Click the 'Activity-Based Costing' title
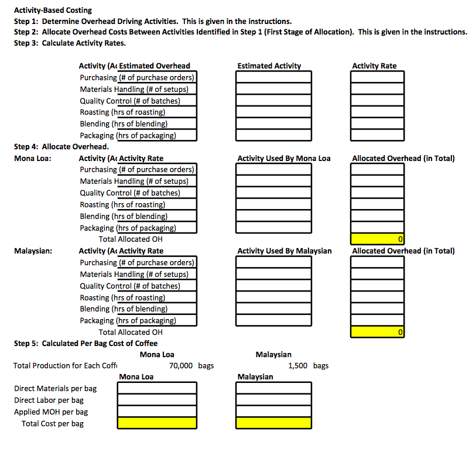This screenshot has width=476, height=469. pyautogui.click(x=53, y=10)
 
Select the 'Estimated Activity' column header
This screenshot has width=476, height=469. pyautogui.click(x=269, y=66)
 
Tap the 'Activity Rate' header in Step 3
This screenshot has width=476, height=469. pyautogui.click(x=374, y=66)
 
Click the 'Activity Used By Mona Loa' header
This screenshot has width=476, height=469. pyautogui.click(x=283, y=158)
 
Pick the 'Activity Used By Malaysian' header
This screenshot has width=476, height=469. pyautogui.click(x=284, y=251)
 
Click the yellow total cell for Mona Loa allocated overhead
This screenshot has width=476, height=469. pyautogui.click(x=377, y=239)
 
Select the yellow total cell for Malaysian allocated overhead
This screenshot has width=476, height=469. pyautogui.click(x=377, y=332)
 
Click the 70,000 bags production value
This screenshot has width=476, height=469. pyautogui.click(x=181, y=366)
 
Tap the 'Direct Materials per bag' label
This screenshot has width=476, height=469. pyautogui.click(x=56, y=388)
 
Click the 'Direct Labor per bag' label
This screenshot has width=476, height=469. pyautogui.click(x=49, y=400)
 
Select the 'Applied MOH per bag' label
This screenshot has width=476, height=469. pyautogui.click(x=51, y=412)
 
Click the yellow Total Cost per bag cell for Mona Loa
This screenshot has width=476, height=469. pyautogui.click(x=157, y=423)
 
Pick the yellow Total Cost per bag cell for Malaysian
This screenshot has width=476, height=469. pyautogui.click(x=274, y=423)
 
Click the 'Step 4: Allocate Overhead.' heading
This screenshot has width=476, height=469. pyautogui.click(x=61, y=146)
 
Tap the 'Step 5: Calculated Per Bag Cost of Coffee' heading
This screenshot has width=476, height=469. pyautogui.click(x=85, y=343)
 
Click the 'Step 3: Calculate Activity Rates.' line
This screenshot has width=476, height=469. pyautogui.click(x=70, y=43)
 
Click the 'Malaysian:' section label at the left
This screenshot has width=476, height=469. pyautogui.click(x=33, y=251)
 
